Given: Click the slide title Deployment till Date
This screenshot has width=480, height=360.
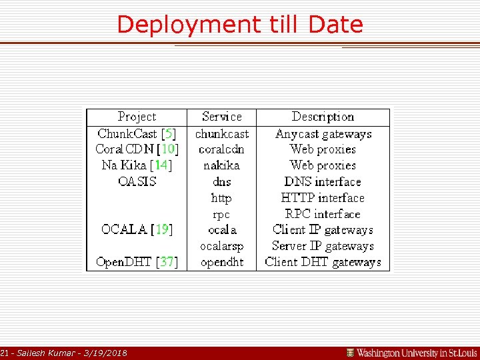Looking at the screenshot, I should pos(240,25).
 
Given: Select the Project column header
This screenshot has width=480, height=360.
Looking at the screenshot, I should pos(137,117).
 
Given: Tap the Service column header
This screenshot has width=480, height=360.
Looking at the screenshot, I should pos(221,117).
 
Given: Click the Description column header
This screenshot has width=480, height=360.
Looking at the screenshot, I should pos(323,117).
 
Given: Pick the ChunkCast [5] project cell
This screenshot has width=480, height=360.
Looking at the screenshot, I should pos(137,133).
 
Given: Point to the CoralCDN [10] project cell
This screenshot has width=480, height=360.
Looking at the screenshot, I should pos(137,149).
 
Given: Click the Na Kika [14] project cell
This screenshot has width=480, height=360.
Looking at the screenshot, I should pos(137,165).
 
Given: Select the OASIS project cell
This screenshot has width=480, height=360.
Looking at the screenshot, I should pos(137,181).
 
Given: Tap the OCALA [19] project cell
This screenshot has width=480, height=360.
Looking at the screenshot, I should pos(137,229).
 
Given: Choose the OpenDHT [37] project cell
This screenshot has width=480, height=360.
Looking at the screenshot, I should pos(137,262).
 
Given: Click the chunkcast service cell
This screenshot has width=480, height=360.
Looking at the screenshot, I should pos(221,133).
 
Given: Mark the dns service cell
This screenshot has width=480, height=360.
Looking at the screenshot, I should pos(221,181).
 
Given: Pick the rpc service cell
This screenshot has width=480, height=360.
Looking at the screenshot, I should pos(221,214).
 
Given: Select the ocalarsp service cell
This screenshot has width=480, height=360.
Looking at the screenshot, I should pos(221,246).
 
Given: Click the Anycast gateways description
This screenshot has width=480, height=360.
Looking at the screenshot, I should pos(323,133).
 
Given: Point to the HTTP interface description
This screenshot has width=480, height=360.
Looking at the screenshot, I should pos(323,198).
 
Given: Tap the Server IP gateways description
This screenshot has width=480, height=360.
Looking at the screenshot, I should pos(323,246).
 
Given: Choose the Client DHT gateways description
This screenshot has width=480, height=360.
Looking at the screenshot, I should pos(323,262).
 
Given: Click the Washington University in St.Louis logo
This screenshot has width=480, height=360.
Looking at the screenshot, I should pos(411,353).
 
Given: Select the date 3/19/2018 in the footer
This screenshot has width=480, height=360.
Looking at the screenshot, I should pos(106,353).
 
